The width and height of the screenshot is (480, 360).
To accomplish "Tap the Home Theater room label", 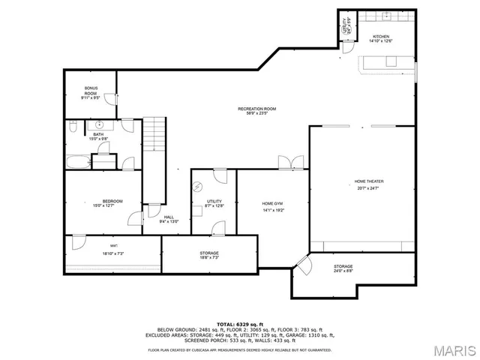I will click(368, 181).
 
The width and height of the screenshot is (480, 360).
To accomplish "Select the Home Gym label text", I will click(272, 204).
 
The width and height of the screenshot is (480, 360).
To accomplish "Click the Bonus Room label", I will click(91, 91).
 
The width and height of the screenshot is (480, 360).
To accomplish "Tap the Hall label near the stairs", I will click(169, 217).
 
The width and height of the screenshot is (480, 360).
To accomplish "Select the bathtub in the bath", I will click(78, 162).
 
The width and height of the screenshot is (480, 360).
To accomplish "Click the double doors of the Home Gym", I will click(289, 163).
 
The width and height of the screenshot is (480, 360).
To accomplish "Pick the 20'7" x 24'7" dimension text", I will click(368, 188).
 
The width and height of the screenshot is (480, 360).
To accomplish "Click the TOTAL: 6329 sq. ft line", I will click(239, 323).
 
